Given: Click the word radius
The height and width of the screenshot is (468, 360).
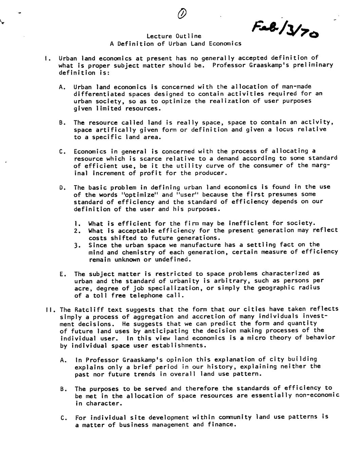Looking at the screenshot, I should click(309, 288).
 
